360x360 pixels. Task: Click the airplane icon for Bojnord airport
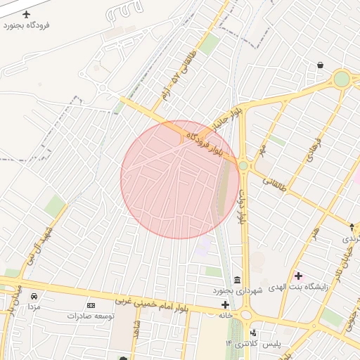[x=27, y=14]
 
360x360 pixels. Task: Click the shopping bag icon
[x=321, y=65]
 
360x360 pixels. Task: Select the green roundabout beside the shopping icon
[x=342, y=79]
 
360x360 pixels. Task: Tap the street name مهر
[x=262, y=150]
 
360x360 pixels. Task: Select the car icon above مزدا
[x=34, y=295]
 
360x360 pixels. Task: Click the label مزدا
[x=34, y=307]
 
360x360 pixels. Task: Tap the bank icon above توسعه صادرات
[x=91, y=305]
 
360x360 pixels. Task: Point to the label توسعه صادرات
[x=91, y=316]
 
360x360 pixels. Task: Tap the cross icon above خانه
[x=225, y=304]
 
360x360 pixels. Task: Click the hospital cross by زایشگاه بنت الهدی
[x=299, y=275]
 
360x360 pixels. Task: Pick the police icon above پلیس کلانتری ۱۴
[x=252, y=332]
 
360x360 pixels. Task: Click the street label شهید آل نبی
[x=47, y=241]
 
